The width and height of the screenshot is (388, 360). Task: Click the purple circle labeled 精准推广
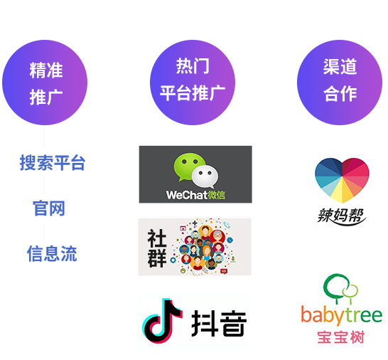pyautogui.click(x=45, y=83)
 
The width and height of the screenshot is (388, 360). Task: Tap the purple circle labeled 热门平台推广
pyautogui.click(x=193, y=83)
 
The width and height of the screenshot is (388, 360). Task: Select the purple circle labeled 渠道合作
pyautogui.click(x=340, y=83)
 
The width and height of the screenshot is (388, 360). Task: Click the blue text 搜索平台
pyautogui.click(x=53, y=163)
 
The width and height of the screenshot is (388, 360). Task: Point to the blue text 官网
pyautogui.click(x=49, y=208)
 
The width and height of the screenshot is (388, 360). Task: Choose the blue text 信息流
pyautogui.click(x=52, y=253)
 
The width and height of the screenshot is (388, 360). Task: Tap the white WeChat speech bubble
pyautogui.click(x=205, y=177)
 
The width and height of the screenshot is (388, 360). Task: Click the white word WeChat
pyautogui.click(x=187, y=195)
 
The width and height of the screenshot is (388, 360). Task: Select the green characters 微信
pyautogui.click(x=216, y=195)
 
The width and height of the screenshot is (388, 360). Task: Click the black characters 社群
pyautogui.click(x=157, y=248)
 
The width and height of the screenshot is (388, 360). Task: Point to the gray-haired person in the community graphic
pyautogui.click(x=217, y=236)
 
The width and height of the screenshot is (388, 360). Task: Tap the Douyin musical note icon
pyautogui.click(x=162, y=321)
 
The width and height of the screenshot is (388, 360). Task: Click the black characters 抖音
pyautogui.click(x=219, y=323)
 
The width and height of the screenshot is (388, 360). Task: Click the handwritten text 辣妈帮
pyautogui.click(x=342, y=216)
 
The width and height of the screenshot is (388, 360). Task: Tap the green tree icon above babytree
pyautogui.click(x=340, y=289)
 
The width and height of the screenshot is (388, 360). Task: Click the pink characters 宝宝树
pyautogui.click(x=341, y=337)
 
